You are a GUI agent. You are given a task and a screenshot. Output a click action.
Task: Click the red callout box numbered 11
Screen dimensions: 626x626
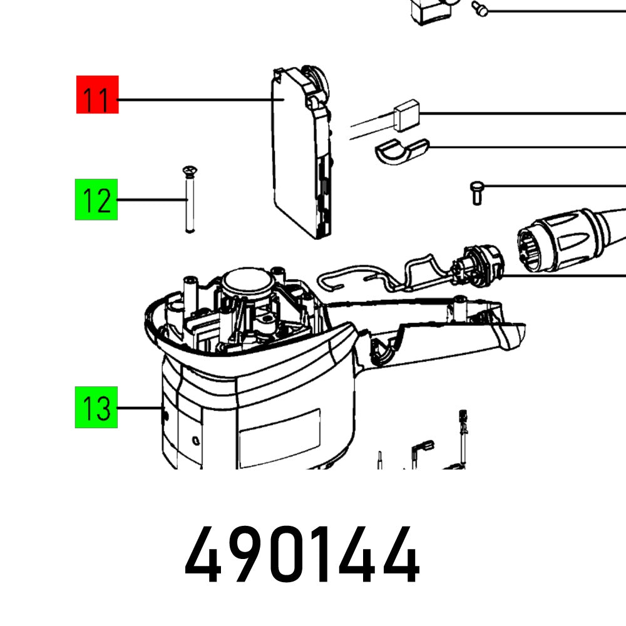tap(97, 95)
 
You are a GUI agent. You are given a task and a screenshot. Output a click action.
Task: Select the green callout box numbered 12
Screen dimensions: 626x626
tap(97, 200)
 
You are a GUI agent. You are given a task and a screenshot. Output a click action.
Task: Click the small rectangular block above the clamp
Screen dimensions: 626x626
tap(406, 117)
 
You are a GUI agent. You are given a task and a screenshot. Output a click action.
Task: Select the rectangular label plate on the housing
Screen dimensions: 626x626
tap(278, 433)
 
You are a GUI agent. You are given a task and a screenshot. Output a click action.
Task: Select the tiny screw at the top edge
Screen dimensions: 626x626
tap(481, 9)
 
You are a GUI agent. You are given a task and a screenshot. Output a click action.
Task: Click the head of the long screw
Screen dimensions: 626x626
tap(188, 170)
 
